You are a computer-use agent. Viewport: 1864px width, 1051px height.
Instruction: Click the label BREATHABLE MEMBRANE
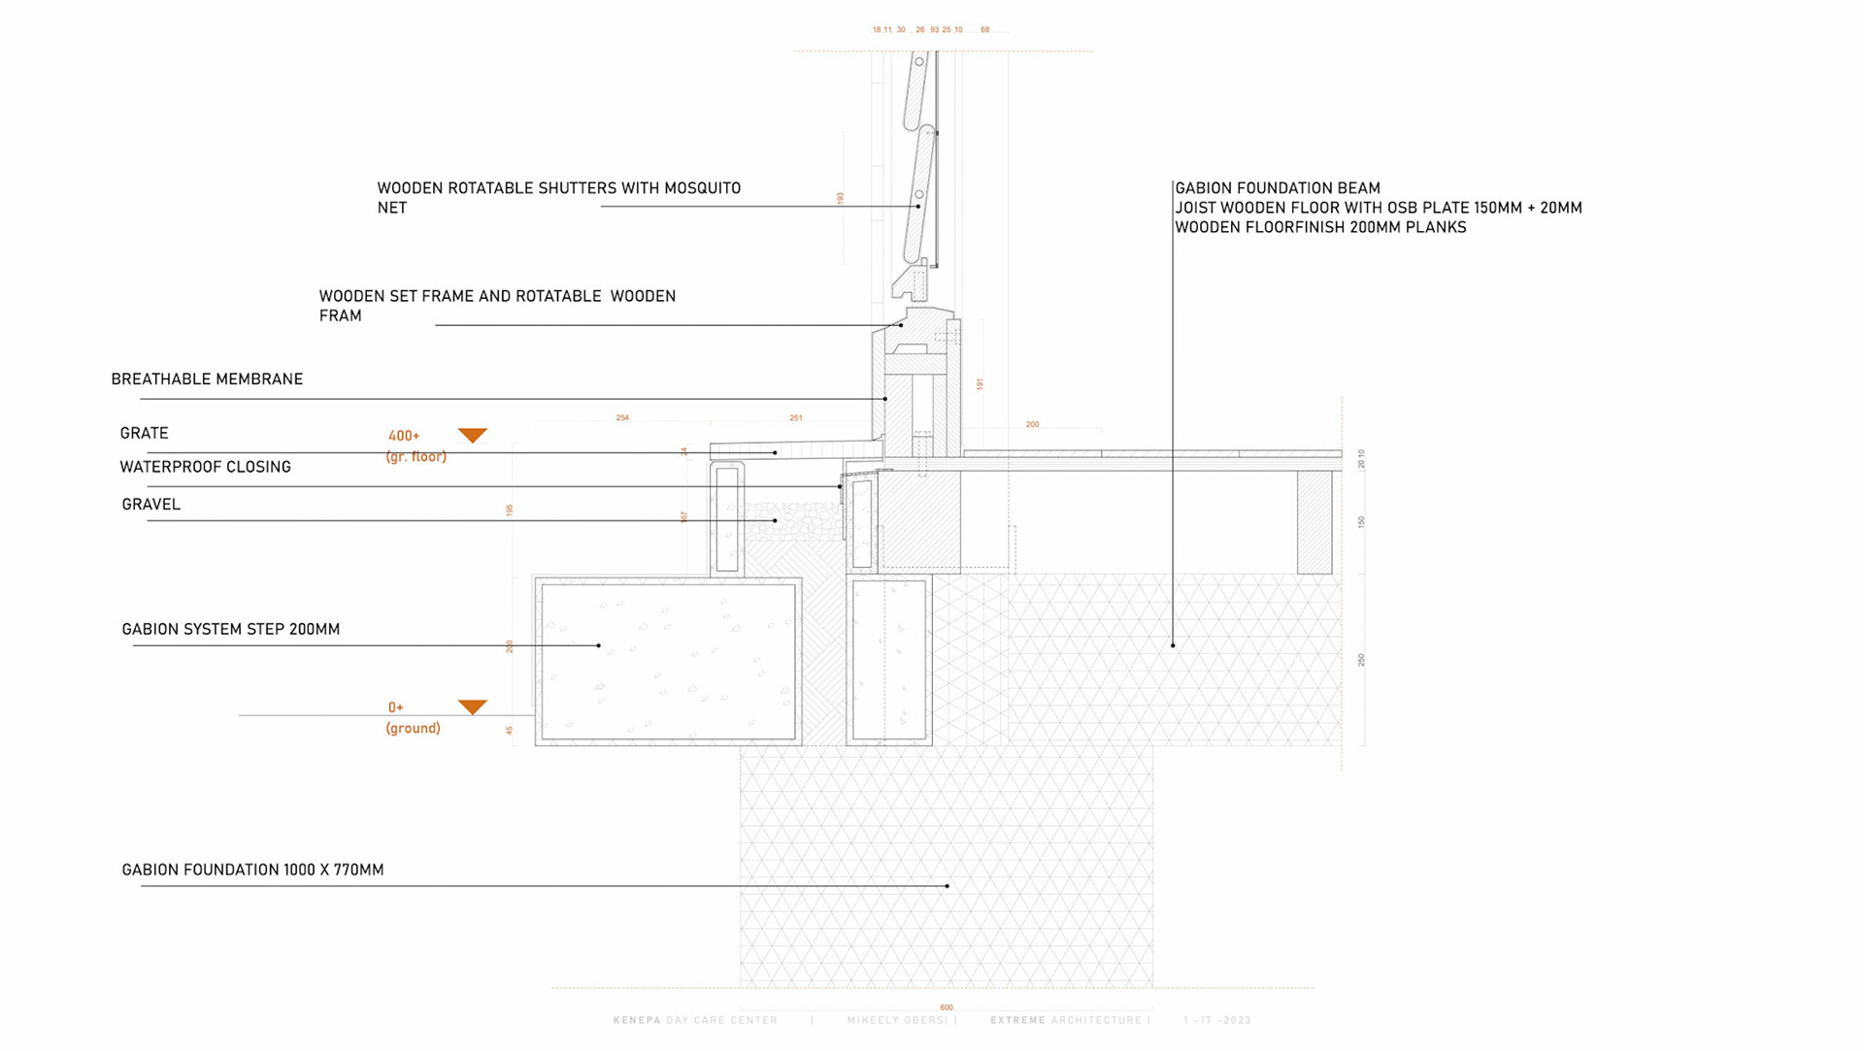click(x=207, y=379)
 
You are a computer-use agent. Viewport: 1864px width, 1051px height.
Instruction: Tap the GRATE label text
click(x=145, y=434)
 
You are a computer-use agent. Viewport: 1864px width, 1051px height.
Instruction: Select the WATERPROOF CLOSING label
click(x=205, y=467)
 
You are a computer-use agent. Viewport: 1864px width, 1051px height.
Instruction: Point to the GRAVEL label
click(x=151, y=505)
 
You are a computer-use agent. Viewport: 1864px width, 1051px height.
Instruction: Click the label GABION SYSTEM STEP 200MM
click(x=231, y=630)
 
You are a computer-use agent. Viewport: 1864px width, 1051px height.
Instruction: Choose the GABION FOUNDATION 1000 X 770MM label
click(x=252, y=870)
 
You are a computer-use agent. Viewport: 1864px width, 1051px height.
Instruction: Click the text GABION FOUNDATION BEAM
click(x=1278, y=188)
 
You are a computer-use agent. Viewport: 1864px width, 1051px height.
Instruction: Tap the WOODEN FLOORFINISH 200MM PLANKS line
click(x=1320, y=228)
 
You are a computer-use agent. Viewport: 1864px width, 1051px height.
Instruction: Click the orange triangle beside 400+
click(x=473, y=435)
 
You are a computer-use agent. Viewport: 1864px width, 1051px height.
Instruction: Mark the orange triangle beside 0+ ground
click(x=473, y=706)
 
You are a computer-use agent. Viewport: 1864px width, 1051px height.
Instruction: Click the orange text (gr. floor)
click(x=416, y=457)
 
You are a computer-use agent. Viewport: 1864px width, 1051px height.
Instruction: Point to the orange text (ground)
click(x=414, y=729)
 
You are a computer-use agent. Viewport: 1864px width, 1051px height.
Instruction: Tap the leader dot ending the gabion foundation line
click(x=948, y=886)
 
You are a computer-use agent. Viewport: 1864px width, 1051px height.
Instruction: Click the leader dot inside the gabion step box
click(x=599, y=645)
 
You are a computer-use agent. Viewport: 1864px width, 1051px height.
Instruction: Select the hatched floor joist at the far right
click(x=1315, y=522)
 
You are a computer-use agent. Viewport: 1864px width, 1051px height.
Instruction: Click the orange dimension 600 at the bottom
click(x=947, y=1007)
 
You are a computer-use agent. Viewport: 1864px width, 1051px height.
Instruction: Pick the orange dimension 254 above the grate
click(x=622, y=418)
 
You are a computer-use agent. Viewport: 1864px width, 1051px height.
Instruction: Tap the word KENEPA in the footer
click(x=637, y=1021)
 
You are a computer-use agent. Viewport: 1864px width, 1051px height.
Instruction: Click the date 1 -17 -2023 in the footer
click(x=1217, y=1021)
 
